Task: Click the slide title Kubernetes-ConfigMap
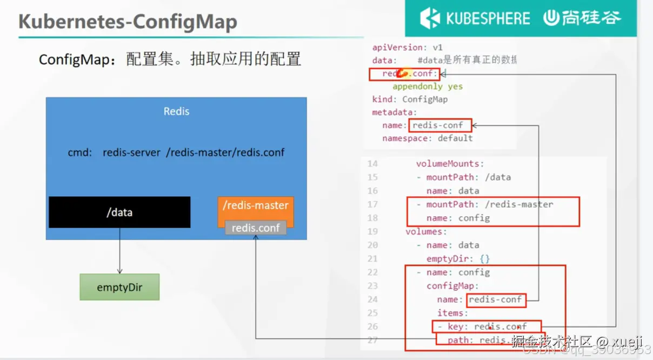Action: click(128, 22)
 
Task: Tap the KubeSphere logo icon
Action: click(430, 18)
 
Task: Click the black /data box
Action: click(119, 212)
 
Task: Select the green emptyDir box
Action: click(119, 287)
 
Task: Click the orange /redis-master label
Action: click(256, 205)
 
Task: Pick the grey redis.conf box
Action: click(256, 228)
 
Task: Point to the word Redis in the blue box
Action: click(176, 111)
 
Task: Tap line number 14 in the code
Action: click(372, 164)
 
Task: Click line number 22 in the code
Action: click(372, 272)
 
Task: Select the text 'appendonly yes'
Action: click(427, 86)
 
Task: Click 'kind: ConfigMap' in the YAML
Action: click(410, 99)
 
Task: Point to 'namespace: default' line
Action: click(427, 138)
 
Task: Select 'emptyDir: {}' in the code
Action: click(458, 259)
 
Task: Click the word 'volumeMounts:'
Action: click(450, 164)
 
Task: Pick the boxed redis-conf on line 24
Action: click(496, 299)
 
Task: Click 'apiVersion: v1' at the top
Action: click(407, 48)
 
